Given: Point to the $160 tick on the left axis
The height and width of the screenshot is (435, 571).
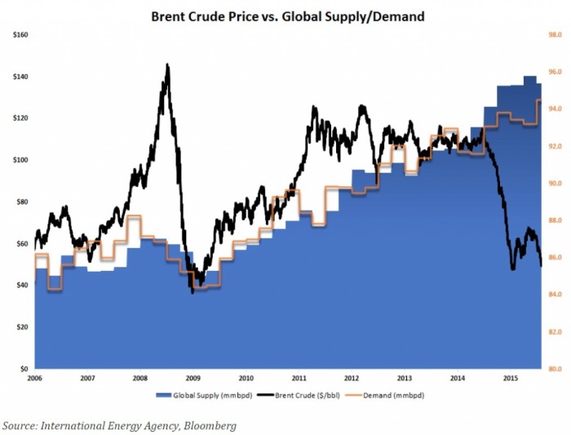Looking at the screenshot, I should pos(20,35).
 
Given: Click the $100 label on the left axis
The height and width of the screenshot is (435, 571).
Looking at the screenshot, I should pos(20,161).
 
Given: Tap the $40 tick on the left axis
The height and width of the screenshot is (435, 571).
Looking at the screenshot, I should pos(22,286).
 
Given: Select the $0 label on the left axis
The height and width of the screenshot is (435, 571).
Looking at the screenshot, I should pos(24,369).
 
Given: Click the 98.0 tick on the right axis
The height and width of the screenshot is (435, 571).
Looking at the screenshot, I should pos(555,35).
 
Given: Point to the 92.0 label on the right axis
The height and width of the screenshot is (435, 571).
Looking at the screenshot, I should pos(555,146).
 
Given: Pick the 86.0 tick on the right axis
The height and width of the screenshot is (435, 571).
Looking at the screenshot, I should pos(555,258).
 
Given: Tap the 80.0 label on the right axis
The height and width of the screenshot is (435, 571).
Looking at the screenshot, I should pos(555,369).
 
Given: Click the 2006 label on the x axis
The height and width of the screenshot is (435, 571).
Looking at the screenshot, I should pos(34,379).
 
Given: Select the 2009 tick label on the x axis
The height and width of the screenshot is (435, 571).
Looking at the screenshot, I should pos(193,379).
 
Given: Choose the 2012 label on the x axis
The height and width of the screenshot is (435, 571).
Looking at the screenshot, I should pos(352,379).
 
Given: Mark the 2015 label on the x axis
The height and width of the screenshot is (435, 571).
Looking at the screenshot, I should pos(511,379).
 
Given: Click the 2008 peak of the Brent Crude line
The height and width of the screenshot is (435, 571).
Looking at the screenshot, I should pos(167,64).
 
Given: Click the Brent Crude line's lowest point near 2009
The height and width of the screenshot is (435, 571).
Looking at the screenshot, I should pos(193,291).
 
